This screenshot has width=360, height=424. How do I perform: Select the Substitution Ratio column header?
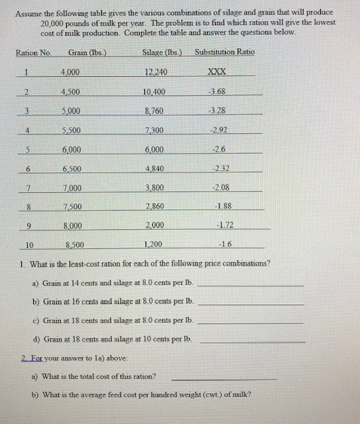click(x=224, y=52)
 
